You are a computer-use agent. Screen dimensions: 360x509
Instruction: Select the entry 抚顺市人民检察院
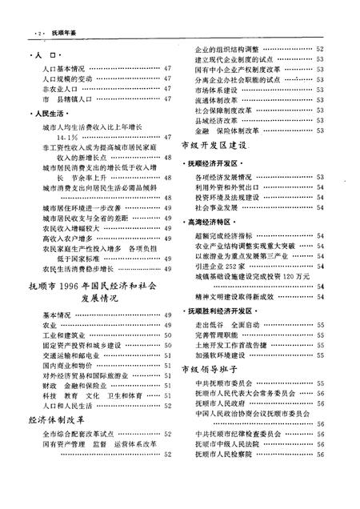click(x=228, y=453)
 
